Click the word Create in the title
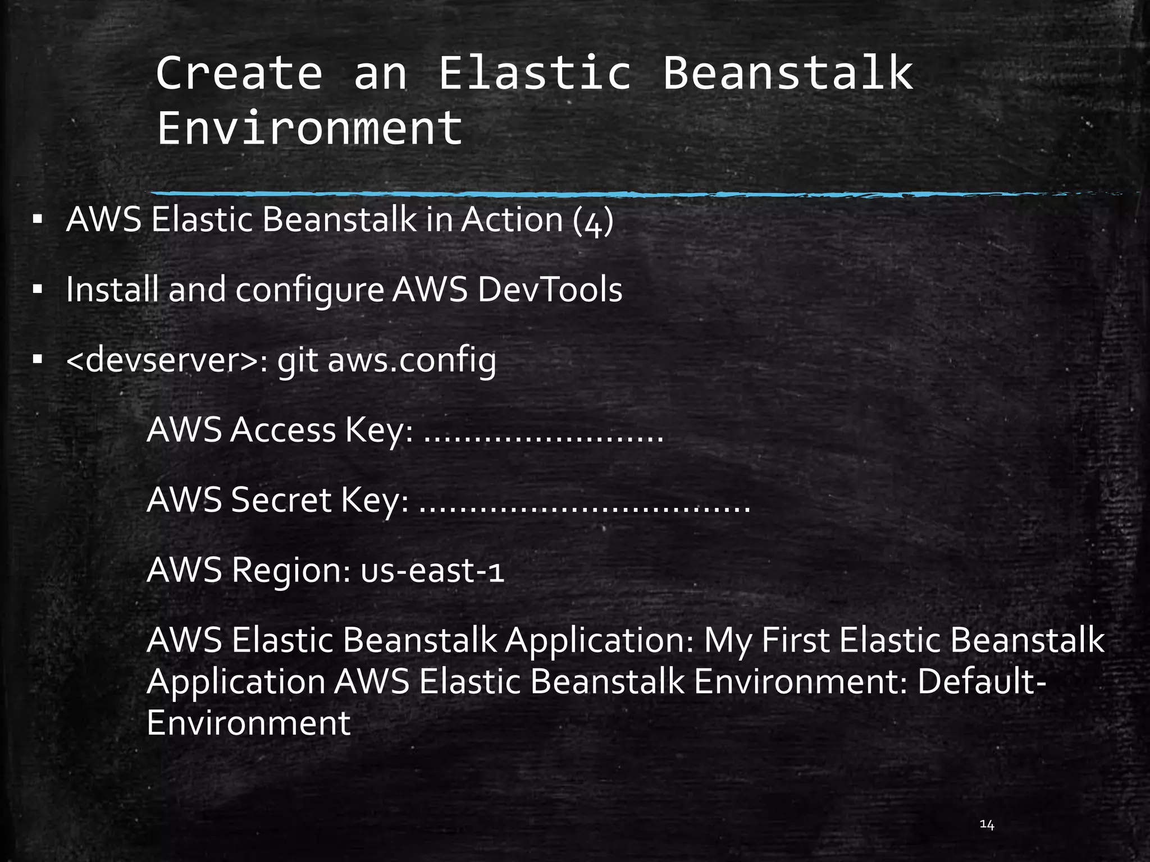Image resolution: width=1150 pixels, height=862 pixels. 239,73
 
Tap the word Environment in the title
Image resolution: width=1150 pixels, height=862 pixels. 309,128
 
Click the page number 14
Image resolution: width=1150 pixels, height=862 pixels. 987,824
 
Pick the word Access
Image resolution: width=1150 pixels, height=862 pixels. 282,430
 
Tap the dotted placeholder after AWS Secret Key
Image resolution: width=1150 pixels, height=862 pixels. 585,508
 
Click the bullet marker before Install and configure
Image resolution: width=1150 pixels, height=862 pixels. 38,290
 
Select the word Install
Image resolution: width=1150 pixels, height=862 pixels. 112,290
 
